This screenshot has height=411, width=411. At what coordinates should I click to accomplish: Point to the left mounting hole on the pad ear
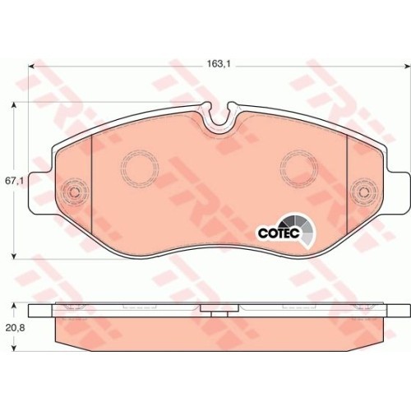[74, 193]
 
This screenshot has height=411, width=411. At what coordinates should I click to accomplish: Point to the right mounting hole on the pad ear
[363, 193]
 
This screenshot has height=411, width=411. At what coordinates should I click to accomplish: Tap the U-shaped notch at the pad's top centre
[219, 122]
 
